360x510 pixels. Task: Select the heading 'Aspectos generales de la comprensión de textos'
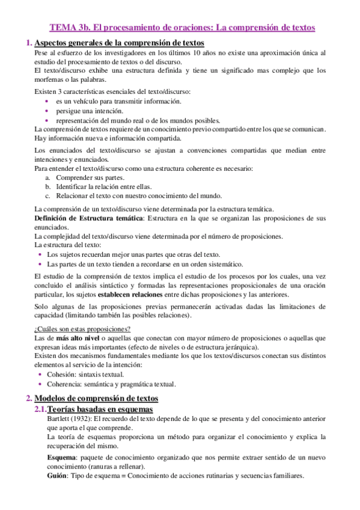coord(119,43)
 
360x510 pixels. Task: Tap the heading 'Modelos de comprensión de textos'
coord(96,398)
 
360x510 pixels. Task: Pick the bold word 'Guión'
coord(58,475)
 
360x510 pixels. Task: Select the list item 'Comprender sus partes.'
coord(90,178)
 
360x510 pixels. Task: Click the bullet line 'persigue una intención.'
coord(90,111)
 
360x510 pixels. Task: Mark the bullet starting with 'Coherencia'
coord(111,384)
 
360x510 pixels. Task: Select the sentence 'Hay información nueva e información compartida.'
coord(103,138)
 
